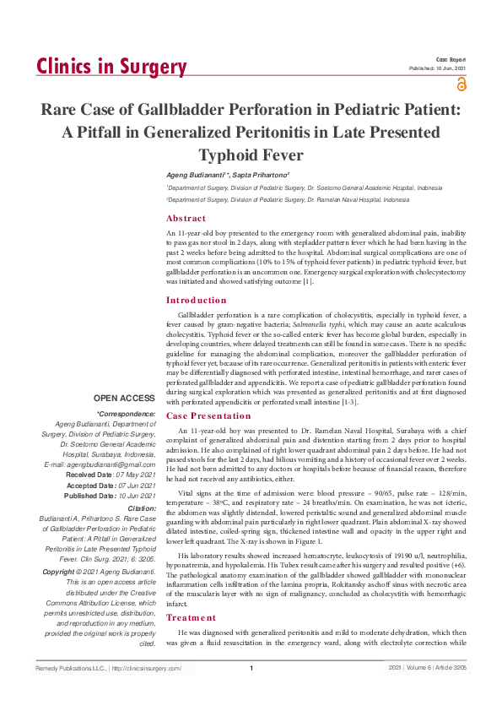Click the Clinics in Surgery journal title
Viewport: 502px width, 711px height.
point(111,68)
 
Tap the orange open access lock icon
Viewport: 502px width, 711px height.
point(461,84)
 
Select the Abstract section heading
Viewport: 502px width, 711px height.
point(186,218)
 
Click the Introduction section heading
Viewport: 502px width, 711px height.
point(196,300)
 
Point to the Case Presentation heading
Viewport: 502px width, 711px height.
point(210,416)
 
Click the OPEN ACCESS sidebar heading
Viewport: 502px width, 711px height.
point(125,398)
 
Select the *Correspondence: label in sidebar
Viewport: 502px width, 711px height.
point(127,414)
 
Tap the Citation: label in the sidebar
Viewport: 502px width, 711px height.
point(140,509)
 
